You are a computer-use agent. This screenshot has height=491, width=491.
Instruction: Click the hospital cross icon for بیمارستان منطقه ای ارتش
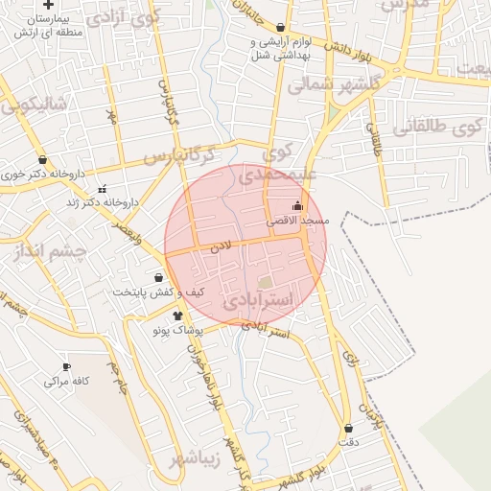pos(49,5)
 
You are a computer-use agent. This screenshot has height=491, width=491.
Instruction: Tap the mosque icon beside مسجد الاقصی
pos(297,205)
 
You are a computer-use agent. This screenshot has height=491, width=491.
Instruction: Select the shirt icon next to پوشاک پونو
pos(177,315)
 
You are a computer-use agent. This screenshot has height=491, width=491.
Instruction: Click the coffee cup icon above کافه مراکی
pos(66,366)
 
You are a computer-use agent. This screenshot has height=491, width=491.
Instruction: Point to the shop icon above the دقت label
pos(347,429)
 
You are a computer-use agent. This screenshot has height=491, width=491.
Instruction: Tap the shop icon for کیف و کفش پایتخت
pos(158,277)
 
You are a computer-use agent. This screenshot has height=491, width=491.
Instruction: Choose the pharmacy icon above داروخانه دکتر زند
pos(103,188)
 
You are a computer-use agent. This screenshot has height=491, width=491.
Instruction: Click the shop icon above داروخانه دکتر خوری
pos(42,160)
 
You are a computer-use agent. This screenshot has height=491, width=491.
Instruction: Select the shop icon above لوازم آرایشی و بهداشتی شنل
pos(280,28)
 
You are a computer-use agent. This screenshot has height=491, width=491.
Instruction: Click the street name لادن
pos(222,246)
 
